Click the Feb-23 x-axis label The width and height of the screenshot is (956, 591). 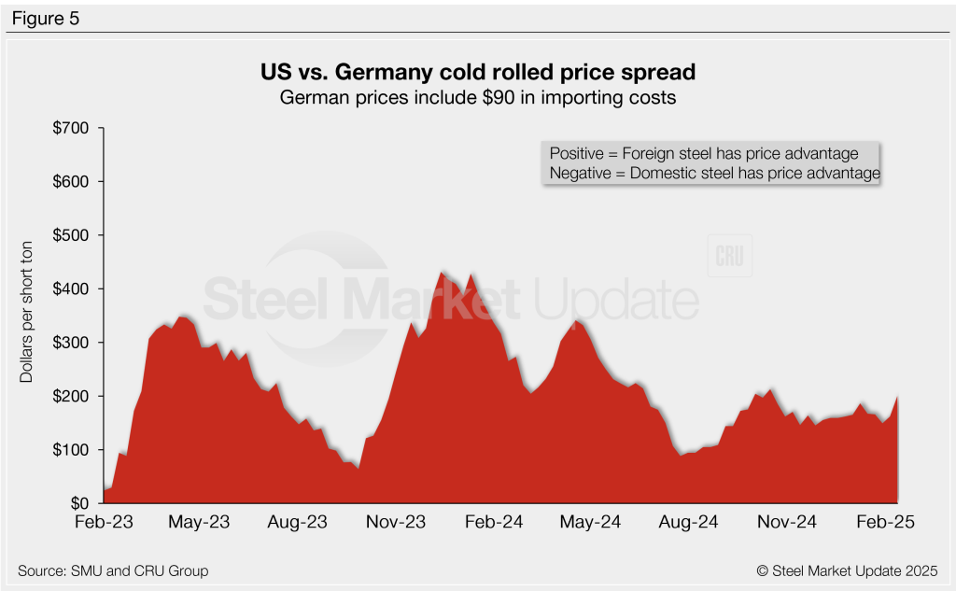pyautogui.click(x=103, y=522)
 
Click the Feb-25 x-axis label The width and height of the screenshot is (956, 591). pyautogui.click(x=884, y=522)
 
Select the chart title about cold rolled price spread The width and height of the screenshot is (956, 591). pyautogui.click(x=477, y=72)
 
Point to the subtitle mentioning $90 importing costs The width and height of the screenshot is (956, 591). pyautogui.click(x=477, y=96)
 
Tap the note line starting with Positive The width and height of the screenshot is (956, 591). pyautogui.click(x=711, y=153)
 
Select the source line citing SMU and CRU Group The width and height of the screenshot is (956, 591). pyautogui.click(x=113, y=570)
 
